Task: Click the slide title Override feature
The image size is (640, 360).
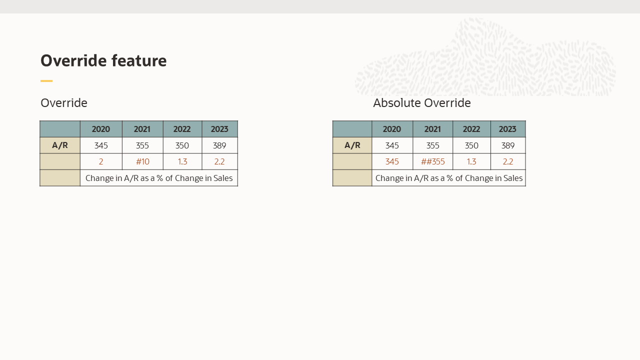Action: click(x=103, y=60)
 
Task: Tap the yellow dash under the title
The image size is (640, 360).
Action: click(x=46, y=81)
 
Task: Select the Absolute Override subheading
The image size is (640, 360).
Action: click(x=421, y=103)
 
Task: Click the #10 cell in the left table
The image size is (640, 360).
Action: click(x=142, y=162)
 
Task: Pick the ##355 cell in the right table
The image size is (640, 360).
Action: click(x=432, y=162)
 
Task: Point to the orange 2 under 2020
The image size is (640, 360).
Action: click(x=101, y=162)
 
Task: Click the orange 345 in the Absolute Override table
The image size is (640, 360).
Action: click(x=392, y=162)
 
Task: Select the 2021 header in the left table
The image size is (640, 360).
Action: click(x=142, y=129)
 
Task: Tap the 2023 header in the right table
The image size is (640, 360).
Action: click(x=507, y=129)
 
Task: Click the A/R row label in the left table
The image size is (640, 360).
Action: click(x=60, y=145)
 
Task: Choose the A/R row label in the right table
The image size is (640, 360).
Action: click(x=352, y=145)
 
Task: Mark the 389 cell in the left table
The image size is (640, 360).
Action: click(x=219, y=145)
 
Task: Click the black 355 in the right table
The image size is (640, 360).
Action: click(x=432, y=145)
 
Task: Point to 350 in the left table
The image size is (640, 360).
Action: click(x=182, y=145)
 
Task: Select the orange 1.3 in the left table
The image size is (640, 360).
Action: click(x=182, y=162)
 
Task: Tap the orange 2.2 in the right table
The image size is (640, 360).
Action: click(x=507, y=162)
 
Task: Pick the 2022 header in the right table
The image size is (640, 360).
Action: click(x=471, y=129)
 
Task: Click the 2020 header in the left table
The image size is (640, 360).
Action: click(x=101, y=129)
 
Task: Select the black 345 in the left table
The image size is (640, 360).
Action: click(x=101, y=145)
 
